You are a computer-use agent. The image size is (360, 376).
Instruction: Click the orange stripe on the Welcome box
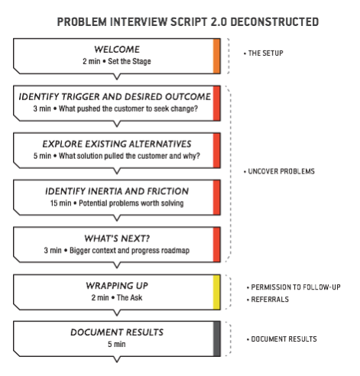point(216,56)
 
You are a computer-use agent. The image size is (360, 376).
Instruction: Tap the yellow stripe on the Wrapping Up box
point(216,292)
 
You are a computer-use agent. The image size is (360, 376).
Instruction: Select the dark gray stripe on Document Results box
point(216,339)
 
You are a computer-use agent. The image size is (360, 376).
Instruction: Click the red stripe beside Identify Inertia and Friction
point(216,197)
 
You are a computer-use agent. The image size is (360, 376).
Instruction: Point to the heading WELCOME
point(117,50)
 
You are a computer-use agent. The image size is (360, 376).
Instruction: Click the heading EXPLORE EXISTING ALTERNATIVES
point(117,144)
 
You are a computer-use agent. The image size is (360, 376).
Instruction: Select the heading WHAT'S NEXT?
point(117,238)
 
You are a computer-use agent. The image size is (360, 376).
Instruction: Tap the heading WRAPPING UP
point(117,286)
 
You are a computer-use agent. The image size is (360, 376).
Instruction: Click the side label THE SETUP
point(265,53)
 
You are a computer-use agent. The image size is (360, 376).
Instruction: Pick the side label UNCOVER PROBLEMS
point(281,171)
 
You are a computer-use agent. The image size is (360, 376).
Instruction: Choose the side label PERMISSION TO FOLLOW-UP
point(296,287)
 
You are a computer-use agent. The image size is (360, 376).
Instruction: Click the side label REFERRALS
point(270,299)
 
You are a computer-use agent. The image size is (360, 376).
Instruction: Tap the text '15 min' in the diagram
point(60,203)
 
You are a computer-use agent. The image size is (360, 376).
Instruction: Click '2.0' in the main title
point(219,22)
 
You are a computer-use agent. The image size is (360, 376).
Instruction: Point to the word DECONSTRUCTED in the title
point(274,22)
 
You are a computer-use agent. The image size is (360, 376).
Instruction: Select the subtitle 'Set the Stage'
point(129,61)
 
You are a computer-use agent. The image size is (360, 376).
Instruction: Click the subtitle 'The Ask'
point(129,297)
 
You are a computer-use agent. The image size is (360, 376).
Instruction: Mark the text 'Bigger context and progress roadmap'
point(129,251)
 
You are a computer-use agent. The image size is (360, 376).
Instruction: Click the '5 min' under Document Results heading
point(117,344)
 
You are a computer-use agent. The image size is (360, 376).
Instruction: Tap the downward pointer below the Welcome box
point(117,76)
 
